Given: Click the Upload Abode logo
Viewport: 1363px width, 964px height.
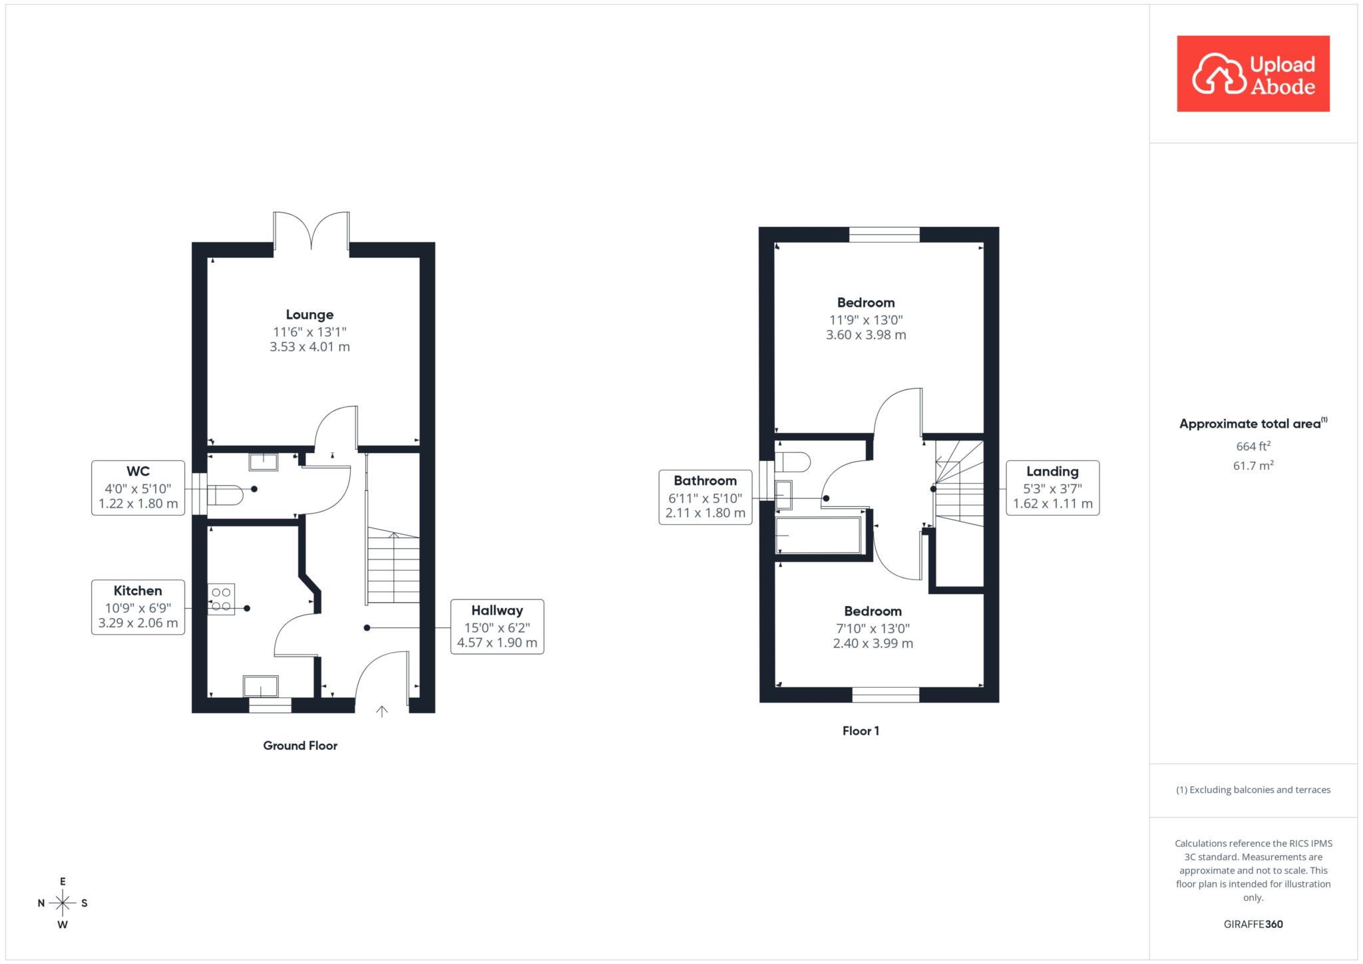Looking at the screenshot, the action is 1253,74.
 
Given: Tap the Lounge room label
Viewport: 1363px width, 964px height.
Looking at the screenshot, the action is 309,315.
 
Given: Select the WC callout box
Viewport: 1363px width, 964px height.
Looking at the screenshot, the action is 138,488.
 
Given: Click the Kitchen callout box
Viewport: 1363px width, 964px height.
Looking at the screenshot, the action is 138,607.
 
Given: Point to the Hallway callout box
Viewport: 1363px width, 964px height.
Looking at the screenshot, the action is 497,627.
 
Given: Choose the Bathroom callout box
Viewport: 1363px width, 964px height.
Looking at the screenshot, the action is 705,497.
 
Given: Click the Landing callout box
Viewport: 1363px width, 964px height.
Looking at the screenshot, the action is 1052,488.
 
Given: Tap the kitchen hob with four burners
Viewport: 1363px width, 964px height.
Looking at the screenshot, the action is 221,599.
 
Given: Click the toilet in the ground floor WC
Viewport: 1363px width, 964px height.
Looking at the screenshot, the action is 224,496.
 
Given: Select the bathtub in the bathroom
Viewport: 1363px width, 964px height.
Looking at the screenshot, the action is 819,535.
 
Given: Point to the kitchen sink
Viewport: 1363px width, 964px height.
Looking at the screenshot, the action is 260,686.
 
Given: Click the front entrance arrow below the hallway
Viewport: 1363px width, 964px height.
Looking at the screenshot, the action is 382,712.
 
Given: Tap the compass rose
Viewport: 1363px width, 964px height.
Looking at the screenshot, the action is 63,903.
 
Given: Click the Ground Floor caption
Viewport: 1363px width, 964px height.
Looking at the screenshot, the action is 300,746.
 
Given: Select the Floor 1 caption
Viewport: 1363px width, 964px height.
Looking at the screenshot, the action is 861,731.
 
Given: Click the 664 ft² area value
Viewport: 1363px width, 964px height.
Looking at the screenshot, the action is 1253,446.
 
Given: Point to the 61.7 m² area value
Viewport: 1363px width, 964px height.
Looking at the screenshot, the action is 1253,466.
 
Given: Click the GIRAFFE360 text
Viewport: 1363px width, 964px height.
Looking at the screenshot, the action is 1253,924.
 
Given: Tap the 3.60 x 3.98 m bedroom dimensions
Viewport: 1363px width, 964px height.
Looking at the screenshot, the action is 866,335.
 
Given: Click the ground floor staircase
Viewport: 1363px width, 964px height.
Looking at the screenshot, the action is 393,565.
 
